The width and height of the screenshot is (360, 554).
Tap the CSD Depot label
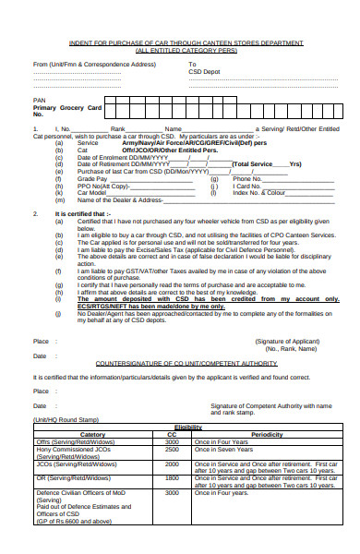[x=205, y=72]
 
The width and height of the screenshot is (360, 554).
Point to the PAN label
[x=39, y=99]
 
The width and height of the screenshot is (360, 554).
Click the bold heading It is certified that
[x=83, y=213]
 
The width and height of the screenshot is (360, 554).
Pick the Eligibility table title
[x=187, y=427]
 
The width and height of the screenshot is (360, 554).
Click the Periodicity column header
[x=266, y=434]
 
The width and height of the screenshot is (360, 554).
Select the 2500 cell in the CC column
[x=172, y=449]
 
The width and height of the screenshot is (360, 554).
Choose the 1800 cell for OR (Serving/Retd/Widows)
[x=172, y=477]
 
